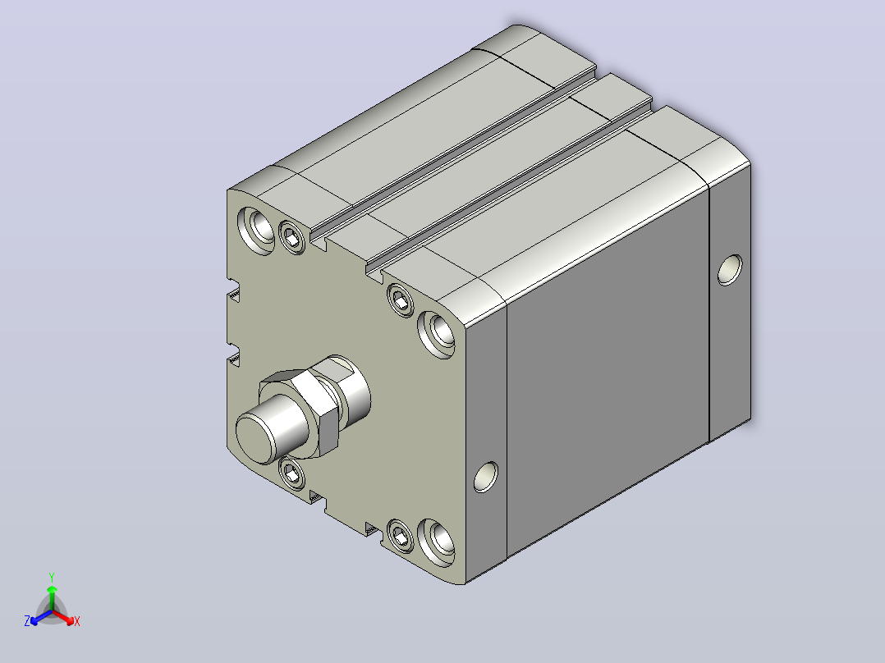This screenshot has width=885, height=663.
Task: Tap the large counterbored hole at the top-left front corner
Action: click(x=257, y=230)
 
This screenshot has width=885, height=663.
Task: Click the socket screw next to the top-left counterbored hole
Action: click(x=291, y=236)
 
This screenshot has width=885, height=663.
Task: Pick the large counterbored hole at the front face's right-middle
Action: click(x=437, y=334)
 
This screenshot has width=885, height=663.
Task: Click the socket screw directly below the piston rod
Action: click(x=291, y=473)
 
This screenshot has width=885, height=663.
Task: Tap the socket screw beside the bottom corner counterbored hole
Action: click(x=401, y=536)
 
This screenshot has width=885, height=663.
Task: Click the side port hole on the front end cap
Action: click(x=486, y=477)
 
